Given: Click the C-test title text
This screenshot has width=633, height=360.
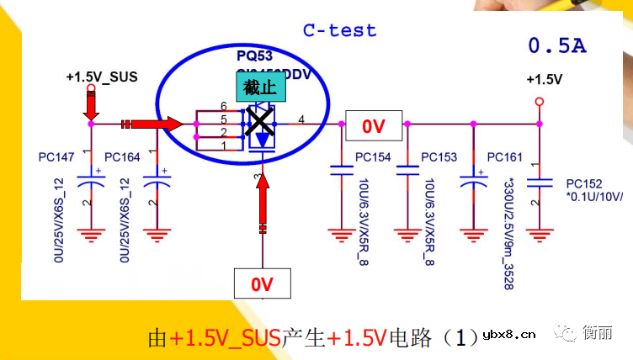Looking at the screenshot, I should click(339, 31).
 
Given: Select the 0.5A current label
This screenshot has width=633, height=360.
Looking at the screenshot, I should click(556, 45).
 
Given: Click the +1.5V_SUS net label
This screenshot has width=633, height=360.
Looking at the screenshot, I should click(101, 77).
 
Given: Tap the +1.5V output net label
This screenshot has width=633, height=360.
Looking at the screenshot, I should click(544, 80).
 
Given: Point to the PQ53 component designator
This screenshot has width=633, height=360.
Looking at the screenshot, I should click(253, 56).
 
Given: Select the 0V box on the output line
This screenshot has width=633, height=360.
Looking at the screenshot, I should click(373, 126).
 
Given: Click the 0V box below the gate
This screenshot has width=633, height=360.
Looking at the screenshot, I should click(263, 283).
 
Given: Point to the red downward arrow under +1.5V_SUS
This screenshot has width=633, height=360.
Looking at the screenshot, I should click(91, 103).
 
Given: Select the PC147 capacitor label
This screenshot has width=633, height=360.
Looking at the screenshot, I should click(56, 157).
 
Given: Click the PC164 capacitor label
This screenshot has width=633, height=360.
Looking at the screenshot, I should click(122, 157).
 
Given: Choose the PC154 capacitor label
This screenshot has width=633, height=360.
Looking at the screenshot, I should click(373, 157).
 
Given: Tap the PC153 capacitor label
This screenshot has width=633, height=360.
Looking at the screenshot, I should click(439, 157).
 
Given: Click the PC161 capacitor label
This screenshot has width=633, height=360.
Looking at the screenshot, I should click(504, 157).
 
